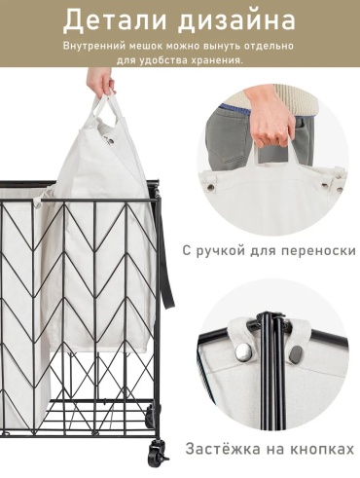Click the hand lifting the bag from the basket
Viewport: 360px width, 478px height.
click(101, 81)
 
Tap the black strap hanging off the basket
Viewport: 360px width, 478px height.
click(167, 253)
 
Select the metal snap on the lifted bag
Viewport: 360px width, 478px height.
click(110, 140)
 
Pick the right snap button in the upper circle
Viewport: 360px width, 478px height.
click(325, 186)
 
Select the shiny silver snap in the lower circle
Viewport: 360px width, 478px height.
click(242, 350)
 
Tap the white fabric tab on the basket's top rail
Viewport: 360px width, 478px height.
click(37, 203)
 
